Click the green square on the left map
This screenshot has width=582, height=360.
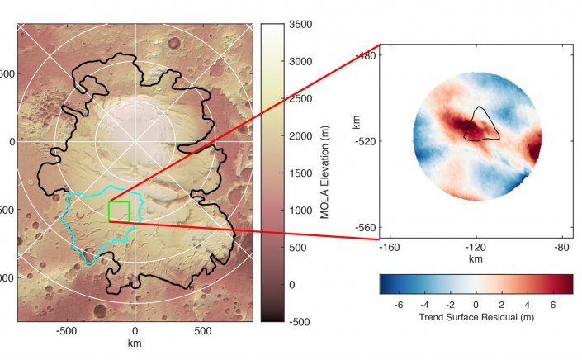119,211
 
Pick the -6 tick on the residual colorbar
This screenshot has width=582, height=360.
400,305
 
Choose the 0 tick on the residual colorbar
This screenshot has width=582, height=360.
476,305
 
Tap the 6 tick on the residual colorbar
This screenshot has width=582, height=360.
551,305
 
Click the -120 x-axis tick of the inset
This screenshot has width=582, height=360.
475,247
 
